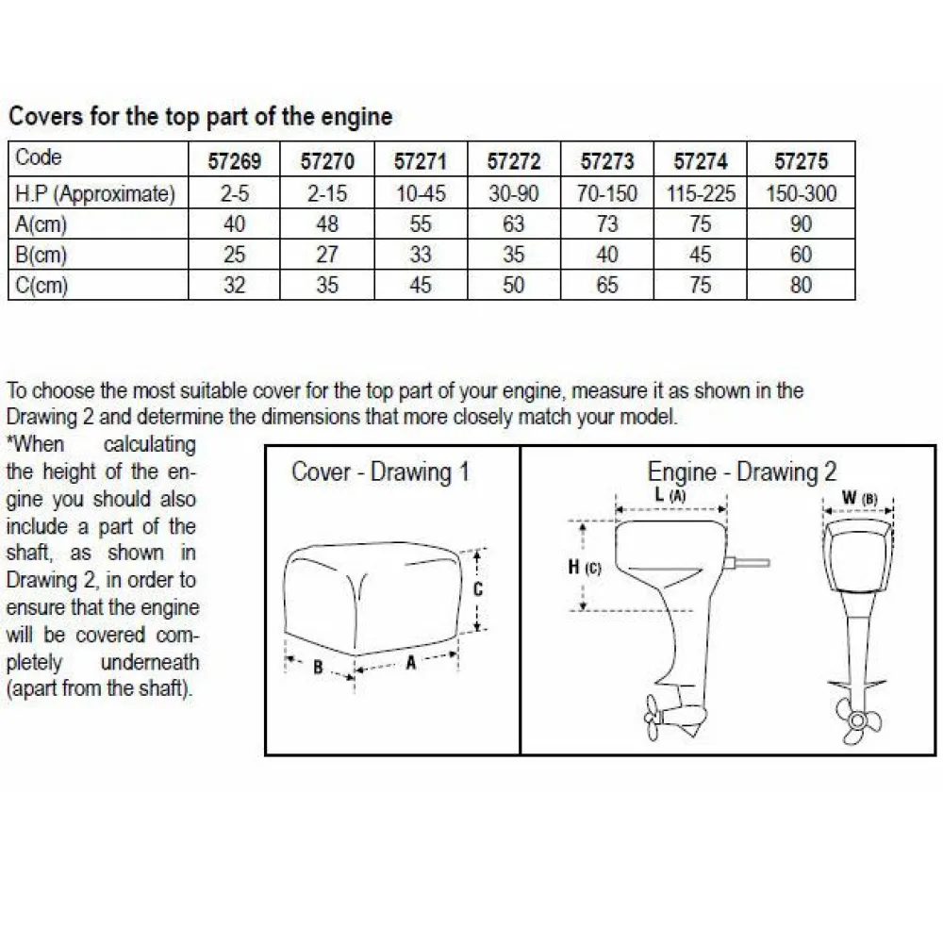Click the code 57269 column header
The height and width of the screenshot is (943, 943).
(235, 161)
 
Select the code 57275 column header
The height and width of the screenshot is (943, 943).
(801, 161)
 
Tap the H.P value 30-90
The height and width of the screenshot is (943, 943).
(514, 193)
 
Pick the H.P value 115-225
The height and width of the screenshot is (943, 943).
(701, 193)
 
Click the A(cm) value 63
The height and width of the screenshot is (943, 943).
(514, 224)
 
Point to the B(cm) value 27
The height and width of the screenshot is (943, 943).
(327, 255)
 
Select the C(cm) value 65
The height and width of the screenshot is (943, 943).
(606, 285)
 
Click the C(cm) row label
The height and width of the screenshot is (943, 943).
(41, 285)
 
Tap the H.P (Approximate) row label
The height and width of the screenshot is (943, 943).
(95, 194)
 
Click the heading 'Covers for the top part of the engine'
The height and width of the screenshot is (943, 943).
(200, 116)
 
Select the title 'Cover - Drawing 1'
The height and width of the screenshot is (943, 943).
(380, 472)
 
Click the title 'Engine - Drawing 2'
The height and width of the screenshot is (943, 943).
(741, 472)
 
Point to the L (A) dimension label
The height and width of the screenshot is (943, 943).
(670, 496)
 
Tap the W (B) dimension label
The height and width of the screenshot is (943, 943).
(859, 498)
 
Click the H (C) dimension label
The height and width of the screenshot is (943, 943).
(584, 567)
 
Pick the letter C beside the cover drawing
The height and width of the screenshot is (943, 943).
(478, 589)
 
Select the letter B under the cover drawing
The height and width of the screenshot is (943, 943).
(318, 667)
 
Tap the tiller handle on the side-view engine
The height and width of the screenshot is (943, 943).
(747, 563)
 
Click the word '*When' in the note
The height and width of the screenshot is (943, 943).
(35, 444)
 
